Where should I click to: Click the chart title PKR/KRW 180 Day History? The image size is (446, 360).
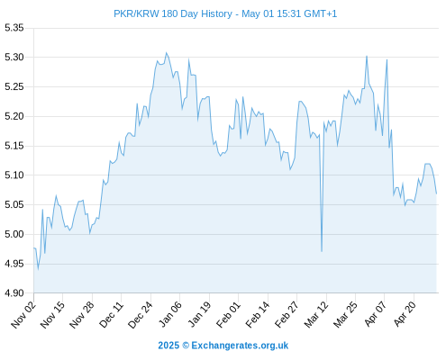pyautogui.click(x=173, y=13)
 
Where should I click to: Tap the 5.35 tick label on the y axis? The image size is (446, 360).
pyautogui.click(x=14, y=28)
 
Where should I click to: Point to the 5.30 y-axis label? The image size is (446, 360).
pyautogui.click(x=14, y=57)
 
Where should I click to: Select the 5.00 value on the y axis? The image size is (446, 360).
pyautogui.click(x=14, y=234)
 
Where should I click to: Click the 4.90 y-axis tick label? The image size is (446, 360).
pyautogui.click(x=14, y=292)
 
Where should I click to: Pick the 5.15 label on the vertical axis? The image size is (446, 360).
pyautogui.click(x=14, y=146)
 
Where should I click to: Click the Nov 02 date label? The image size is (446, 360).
pyautogui.click(x=23, y=314)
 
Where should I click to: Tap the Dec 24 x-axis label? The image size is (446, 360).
pyautogui.click(x=141, y=314)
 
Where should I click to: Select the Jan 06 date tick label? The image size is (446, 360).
pyautogui.click(x=170, y=314)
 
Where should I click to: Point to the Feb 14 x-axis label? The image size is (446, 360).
pyautogui.click(x=258, y=314)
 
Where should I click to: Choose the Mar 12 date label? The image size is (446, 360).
pyautogui.click(x=316, y=314)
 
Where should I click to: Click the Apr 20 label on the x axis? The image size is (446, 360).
pyautogui.click(x=405, y=314)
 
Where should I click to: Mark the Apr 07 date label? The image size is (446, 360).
pyautogui.click(x=375, y=314)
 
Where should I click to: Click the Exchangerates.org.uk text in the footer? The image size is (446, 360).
pyautogui.click(x=240, y=346)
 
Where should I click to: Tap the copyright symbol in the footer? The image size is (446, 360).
pyautogui.click(x=186, y=346)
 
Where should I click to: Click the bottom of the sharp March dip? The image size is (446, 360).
pyautogui.click(x=322, y=251)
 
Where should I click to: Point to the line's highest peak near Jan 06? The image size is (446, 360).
pyautogui.click(x=166, y=53)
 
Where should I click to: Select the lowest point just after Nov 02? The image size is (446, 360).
pyautogui.click(x=38, y=268)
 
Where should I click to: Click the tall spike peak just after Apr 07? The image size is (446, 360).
pyautogui.click(x=387, y=59)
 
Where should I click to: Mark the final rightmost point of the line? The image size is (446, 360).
pyautogui.click(x=436, y=193)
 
